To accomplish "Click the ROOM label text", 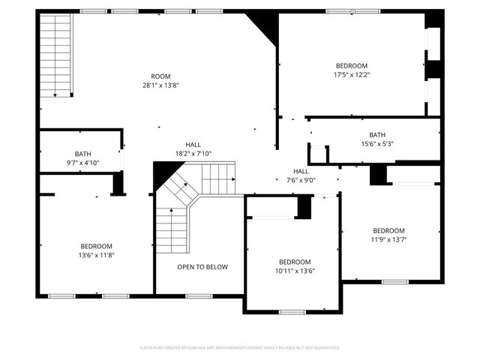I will pos(160,76).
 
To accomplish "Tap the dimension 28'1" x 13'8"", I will pos(160,85).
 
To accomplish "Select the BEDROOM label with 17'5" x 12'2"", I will pos(351,65).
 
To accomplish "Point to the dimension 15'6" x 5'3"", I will pos(376,144).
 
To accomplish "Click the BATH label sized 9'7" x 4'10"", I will pos(82,154).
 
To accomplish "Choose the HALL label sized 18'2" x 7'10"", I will pos(193,145).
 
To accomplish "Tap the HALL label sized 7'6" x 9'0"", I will pos(301,171).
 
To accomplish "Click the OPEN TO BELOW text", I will pos(202,267).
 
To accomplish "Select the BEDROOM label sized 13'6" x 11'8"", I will pos(97,246).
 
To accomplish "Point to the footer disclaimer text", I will pos(240,348).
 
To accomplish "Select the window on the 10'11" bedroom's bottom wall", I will pos(292,311).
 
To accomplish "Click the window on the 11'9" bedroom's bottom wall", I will pos(394,282).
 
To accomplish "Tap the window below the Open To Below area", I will pos(199,295).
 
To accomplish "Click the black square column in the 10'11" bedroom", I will pos(304,207).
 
